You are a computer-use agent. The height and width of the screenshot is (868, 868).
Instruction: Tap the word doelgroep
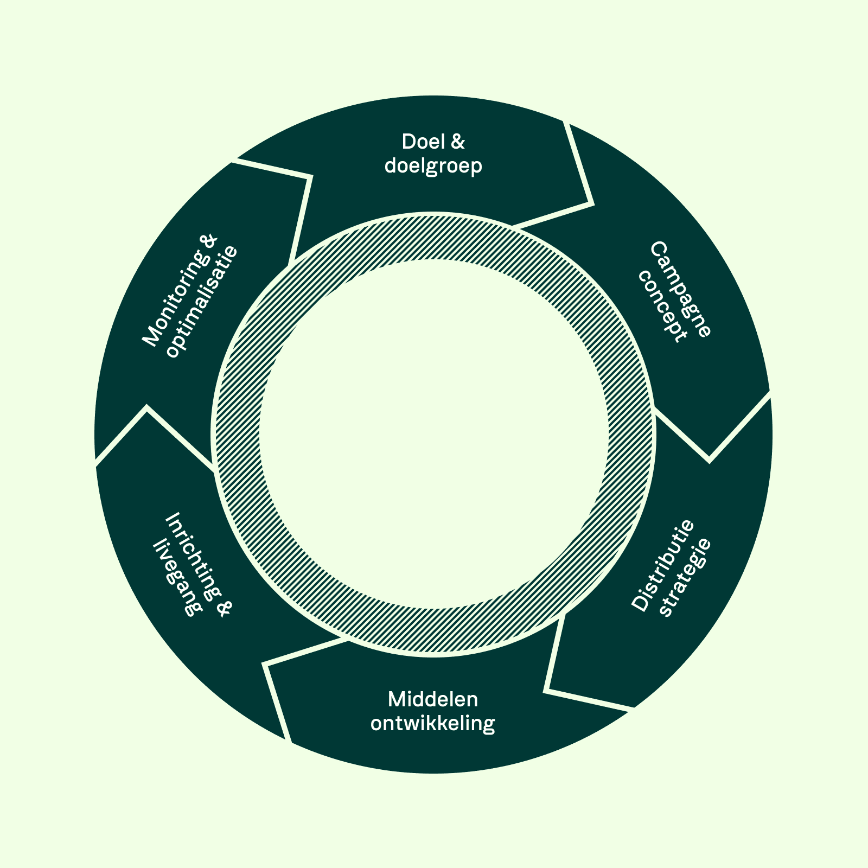coord(433,166)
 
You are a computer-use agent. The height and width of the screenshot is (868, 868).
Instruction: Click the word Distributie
coord(663,566)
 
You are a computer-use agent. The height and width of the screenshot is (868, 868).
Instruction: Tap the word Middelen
coord(433,699)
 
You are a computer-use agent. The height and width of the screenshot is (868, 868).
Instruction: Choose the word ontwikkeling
coord(433,724)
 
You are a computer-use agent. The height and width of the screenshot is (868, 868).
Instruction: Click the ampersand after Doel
coord(458,142)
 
